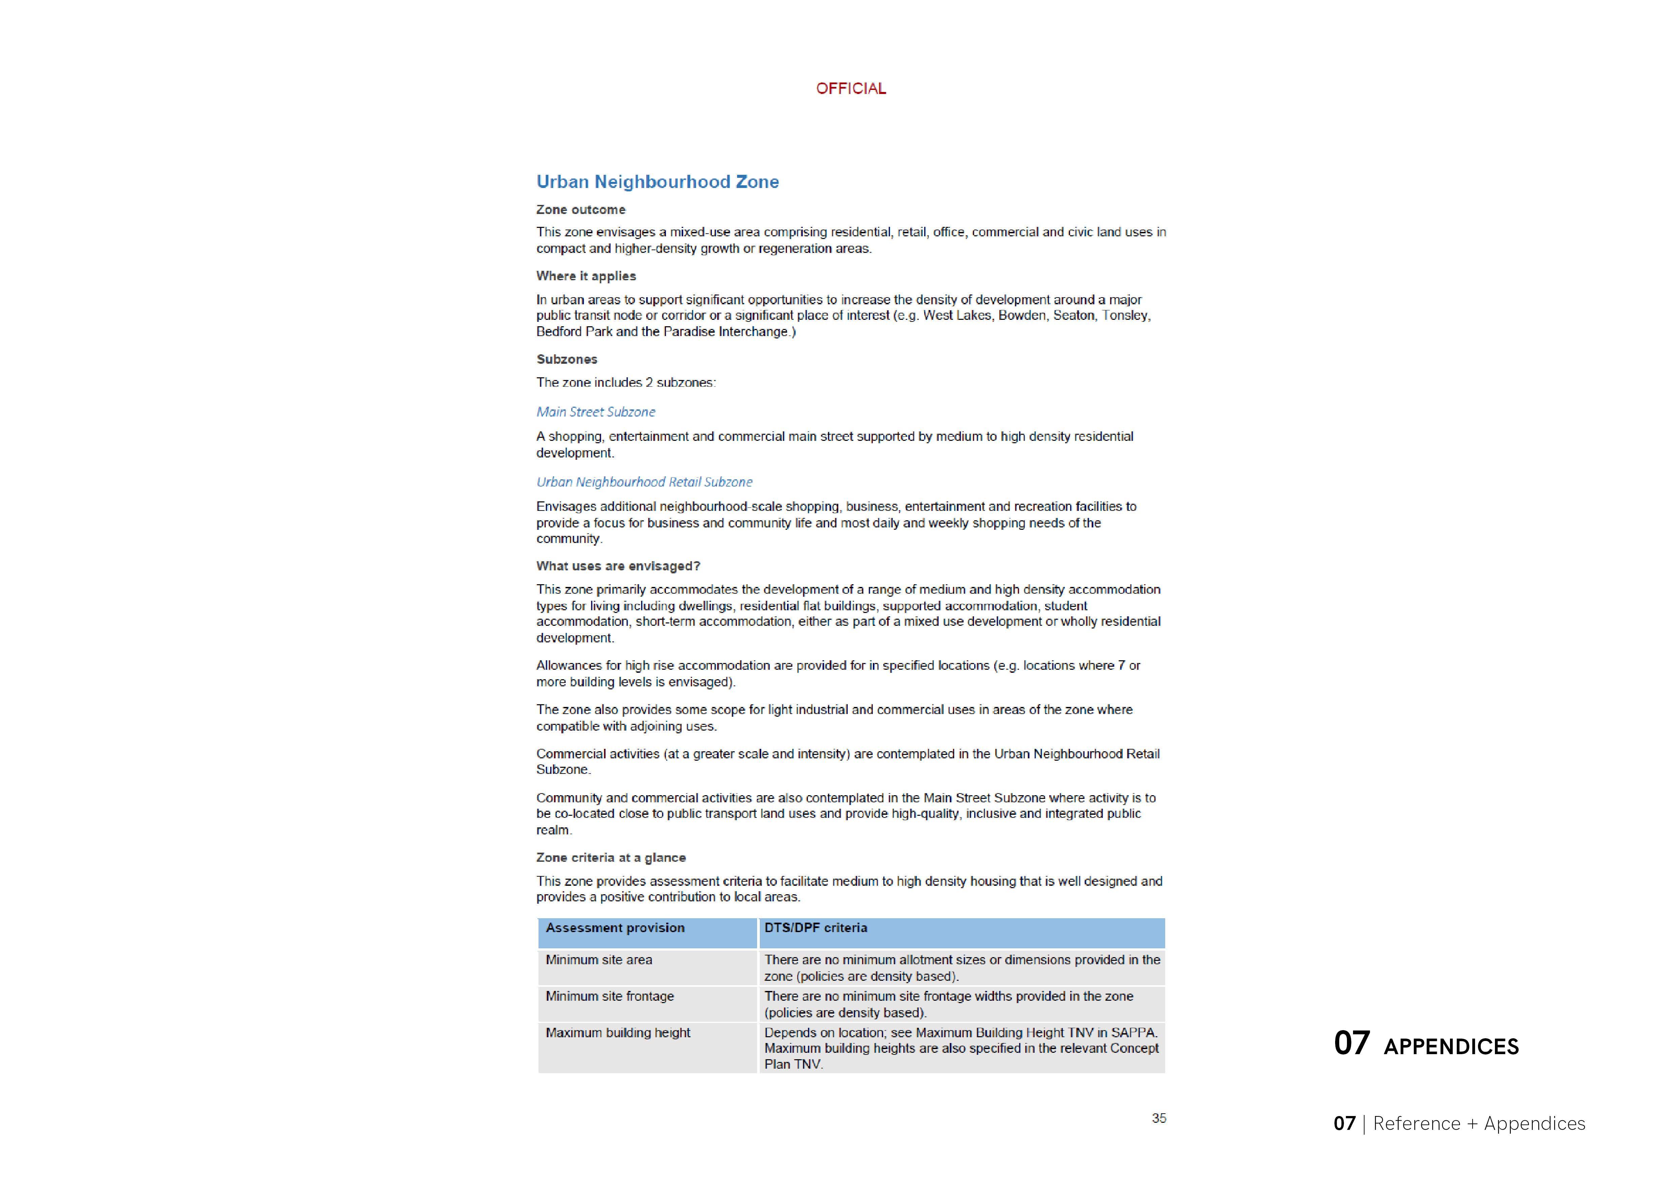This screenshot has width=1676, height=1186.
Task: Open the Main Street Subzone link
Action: click(x=596, y=412)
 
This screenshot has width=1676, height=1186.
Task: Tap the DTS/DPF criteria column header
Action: click(x=816, y=927)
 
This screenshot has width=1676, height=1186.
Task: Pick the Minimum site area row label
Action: click(x=599, y=959)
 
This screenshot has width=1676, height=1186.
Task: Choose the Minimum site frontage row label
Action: click(x=609, y=996)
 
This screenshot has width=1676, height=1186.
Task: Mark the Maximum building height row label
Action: click(x=618, y=1033)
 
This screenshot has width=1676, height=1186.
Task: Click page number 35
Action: click(x=1158, y=1118)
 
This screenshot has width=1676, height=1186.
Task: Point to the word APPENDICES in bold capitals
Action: click(x=1451, y=1046)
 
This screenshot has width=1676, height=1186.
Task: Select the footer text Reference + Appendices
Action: click(x=1479, y=1123)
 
